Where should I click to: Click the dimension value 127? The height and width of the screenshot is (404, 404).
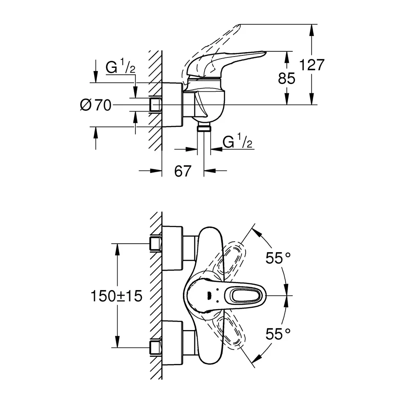311,65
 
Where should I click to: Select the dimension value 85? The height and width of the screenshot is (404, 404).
286,78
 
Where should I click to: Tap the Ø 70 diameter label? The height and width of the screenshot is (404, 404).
96,105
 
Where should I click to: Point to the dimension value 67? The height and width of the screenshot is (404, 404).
183,171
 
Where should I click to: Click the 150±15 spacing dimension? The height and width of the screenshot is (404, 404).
116,296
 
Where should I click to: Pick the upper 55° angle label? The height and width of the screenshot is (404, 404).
278,258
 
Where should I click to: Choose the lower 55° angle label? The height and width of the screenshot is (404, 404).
278,334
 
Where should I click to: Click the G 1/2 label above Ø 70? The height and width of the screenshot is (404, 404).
120,67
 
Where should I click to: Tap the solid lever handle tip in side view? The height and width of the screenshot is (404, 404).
265,53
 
